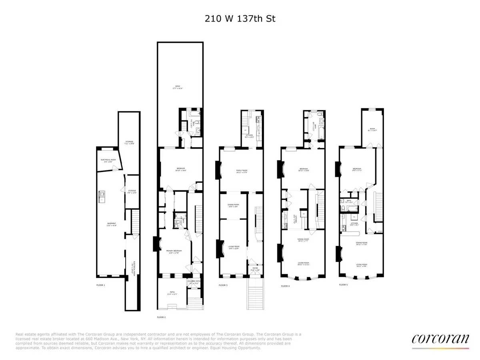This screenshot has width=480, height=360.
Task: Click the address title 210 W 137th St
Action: (x=240, y=18)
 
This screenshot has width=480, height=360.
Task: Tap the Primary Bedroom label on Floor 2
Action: (x=174, y=252)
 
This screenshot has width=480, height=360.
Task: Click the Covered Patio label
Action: (x=194, y=282)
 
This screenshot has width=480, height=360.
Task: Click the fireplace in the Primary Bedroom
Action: (x=155, y=244)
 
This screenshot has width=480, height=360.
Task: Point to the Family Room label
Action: (x=241, y=172)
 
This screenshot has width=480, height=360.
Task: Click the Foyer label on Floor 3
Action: (x=253, y=269)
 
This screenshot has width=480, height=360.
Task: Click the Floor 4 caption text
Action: (x=285, y=286)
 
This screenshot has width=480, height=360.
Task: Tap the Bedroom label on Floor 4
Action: (x=304, y=170)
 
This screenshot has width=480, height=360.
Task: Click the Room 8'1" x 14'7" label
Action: (x=372, y=130)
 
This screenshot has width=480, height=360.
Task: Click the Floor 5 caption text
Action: (x=344, y=285)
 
